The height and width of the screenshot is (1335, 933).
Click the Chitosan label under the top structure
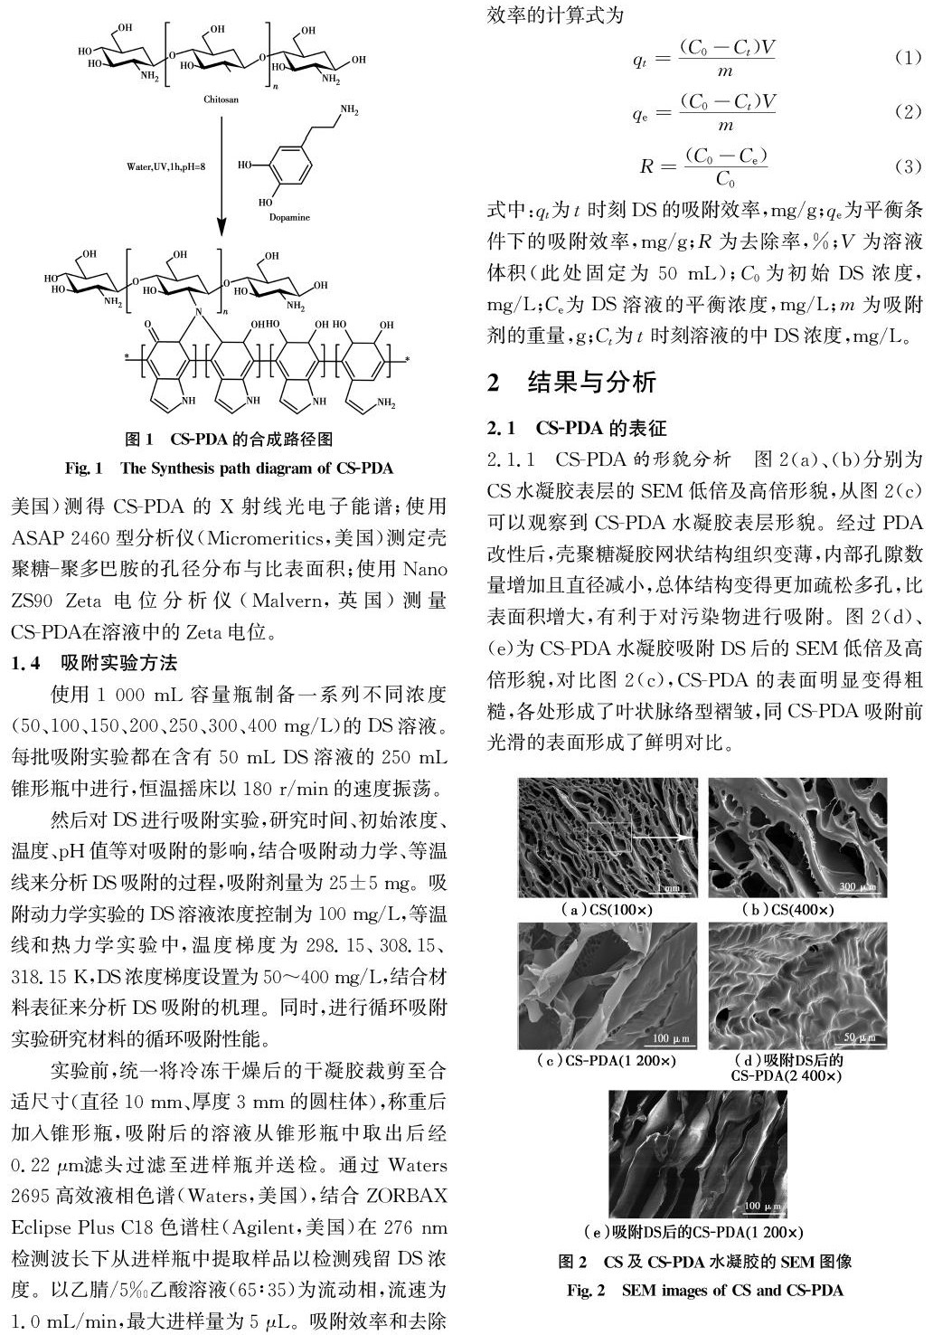tap(221, 99)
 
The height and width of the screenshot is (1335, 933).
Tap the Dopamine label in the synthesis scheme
tap(289, 217)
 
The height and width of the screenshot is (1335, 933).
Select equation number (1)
tap(906, 58)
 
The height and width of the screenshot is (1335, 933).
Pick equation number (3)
tap(906, 166)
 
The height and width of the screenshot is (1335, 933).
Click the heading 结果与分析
tap(591, 381)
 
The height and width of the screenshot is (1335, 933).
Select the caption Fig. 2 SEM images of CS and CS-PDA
tap(704, 1290)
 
